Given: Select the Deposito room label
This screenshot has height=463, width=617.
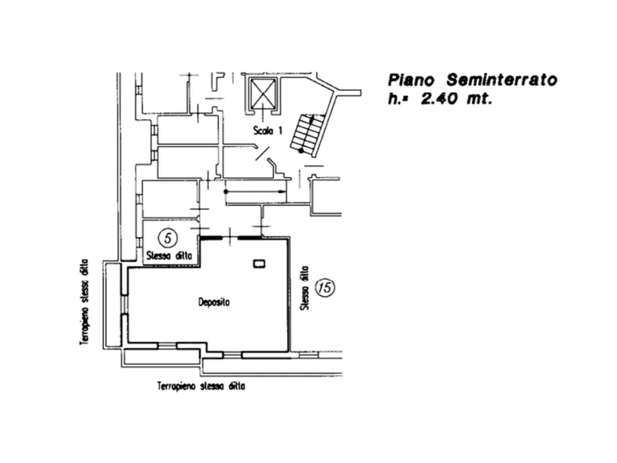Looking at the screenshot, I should (x=213, y=302).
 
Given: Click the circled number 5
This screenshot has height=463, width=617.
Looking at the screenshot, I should (x=167, y=238).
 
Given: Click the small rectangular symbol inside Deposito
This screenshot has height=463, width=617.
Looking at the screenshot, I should (x=259, y=263).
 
